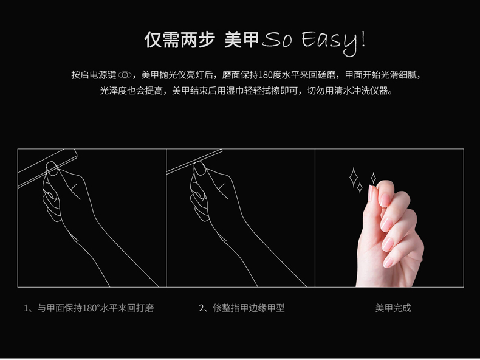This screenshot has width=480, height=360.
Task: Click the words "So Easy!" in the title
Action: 314,42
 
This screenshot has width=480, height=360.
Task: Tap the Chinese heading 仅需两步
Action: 179,40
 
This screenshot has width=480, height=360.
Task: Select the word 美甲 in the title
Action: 242,40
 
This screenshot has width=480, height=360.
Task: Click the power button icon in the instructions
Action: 125,75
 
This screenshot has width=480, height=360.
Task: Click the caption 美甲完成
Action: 393,308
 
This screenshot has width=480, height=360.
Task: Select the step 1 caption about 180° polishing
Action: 89,308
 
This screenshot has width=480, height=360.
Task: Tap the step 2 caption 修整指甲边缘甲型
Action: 242,308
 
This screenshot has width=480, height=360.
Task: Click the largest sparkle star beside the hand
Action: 354,177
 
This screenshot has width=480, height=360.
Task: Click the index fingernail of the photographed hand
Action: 384,199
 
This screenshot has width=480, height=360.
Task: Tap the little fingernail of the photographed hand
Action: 388,262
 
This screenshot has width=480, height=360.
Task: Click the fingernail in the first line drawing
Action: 52,168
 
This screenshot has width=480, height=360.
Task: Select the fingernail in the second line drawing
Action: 200,168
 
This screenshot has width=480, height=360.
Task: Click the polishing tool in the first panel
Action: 47,168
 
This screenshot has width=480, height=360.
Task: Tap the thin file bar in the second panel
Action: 194,162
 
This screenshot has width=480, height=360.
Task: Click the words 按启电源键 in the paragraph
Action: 94,75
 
